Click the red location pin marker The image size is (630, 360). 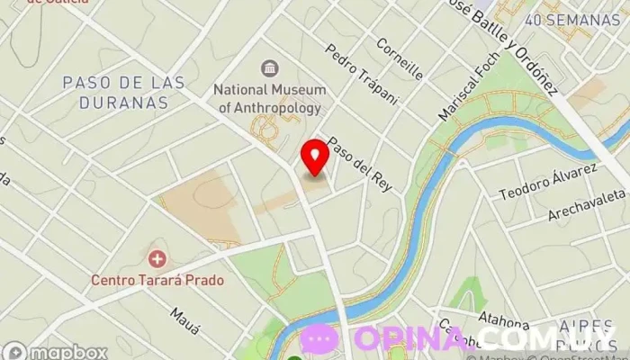(x=315, y=157)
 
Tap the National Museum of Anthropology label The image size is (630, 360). (x=267, y=98)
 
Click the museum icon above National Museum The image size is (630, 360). (x=268, y=67)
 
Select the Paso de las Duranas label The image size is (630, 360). (x=123, y=92)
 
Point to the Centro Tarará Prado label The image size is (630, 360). (x=157, y=279)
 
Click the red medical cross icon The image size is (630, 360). (x=158, y=259)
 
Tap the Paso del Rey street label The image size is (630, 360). (x=347, y=158)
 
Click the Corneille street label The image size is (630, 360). (x=400, y=58)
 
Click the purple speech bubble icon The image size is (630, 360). (x=319, y=339)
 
